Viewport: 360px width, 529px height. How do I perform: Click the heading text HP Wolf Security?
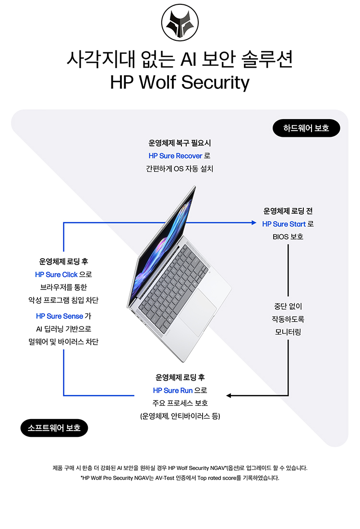[x=180, y=82]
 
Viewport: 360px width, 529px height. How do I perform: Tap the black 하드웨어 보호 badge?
[x=306, y=128]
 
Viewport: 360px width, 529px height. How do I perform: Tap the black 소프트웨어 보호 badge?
[x=54, y=427]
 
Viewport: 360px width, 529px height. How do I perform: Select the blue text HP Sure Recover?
[x=175, y=156]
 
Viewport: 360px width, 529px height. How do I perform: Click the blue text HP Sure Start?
[x=284, y=224]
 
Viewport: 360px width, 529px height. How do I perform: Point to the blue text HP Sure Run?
[x=172, y=390]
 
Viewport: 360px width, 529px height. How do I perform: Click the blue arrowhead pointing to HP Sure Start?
[x=254, y=223]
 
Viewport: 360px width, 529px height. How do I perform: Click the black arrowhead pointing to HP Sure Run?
[x=229, y=396]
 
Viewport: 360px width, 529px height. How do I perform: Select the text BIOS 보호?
[x=288, y=237]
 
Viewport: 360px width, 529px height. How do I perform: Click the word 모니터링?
[x=288, y=332]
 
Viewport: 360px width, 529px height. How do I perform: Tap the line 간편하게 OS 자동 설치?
[x=180, y=168]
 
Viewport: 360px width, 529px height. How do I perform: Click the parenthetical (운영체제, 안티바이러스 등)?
[x=180, y=416]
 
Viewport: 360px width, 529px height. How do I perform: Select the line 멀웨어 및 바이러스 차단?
[x=63, y=342]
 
